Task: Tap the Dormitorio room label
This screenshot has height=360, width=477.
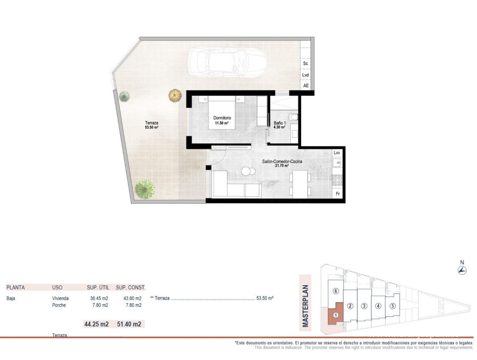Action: (x=221, y=121)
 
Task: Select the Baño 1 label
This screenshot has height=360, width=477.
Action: (x=280, y=125)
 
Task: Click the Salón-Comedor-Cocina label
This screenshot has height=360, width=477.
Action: (x=282, y=163)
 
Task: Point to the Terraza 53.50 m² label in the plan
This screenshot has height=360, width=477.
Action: (x=151, y=125)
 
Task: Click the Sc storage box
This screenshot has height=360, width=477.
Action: (x=305, y=64)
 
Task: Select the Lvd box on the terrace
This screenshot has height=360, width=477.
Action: (x=305, y=75)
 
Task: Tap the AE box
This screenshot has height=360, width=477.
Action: (x=305, y=85)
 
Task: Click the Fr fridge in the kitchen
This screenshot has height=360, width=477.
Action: (x=337, y=194)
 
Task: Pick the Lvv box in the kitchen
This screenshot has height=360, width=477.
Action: (x=337, y=153)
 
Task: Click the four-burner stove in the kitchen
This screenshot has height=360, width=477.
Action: (x=337, y=180)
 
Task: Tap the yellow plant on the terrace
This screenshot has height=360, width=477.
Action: (x=175, y=95)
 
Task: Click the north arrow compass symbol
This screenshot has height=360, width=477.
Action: (x=462, y=270)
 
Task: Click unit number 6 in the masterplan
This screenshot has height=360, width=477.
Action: (x=335, y=291)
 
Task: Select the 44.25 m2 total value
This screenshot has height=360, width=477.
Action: (x=96, y=324)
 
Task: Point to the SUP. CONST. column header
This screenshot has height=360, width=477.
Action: (x=131, y=288)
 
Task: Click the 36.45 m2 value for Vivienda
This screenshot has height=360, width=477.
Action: (x=99, y=298)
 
